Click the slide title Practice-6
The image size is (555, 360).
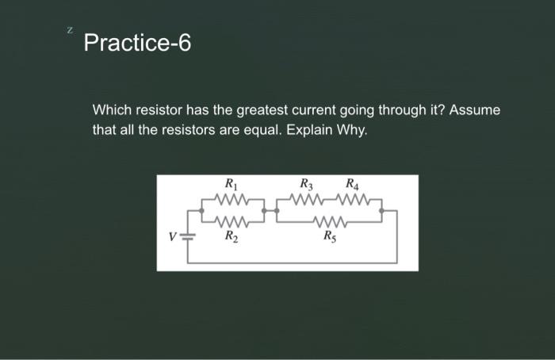136,43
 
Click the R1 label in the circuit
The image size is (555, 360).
229,186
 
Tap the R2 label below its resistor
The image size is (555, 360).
229,236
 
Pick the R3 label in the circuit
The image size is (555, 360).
307,186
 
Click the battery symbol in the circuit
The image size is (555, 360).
187,236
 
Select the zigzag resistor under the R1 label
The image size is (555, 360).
233,199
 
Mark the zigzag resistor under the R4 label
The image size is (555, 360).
350,199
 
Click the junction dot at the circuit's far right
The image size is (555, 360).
382,211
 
